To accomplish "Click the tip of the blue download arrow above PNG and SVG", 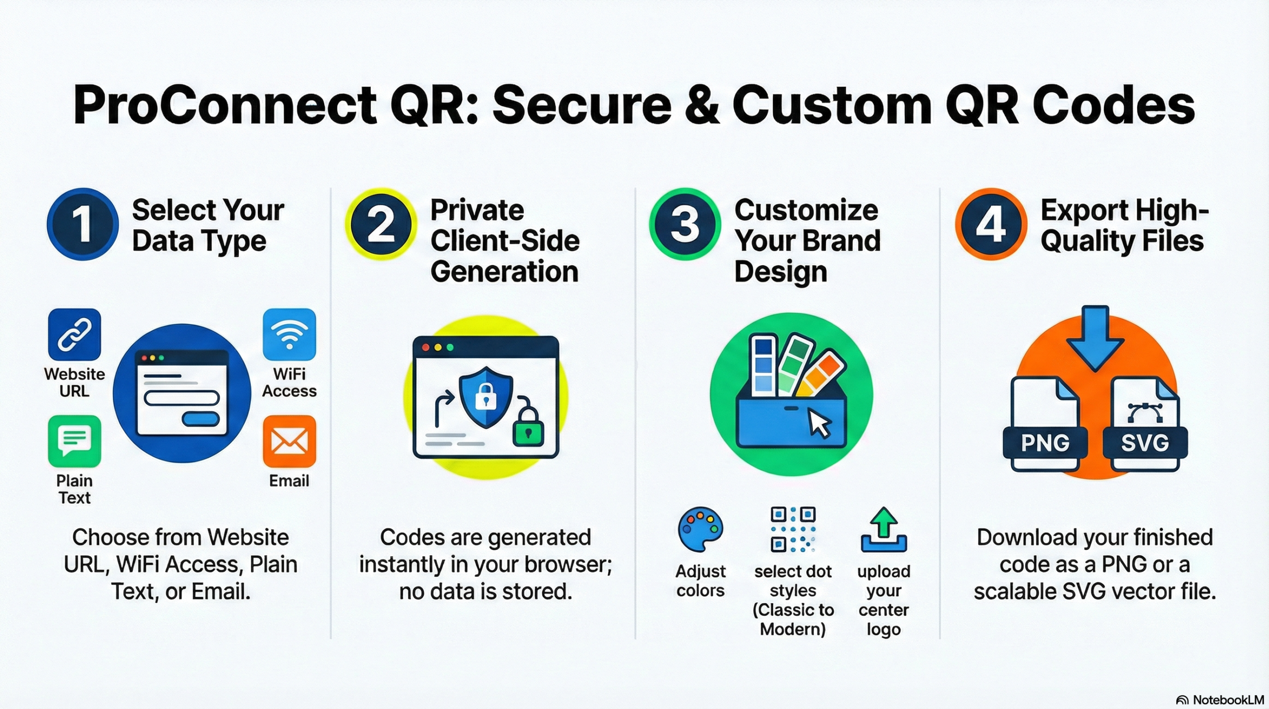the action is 1095,371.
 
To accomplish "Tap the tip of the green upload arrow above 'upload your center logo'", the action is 884,508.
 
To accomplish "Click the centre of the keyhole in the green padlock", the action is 528,433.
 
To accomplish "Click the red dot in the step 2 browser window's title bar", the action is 425,347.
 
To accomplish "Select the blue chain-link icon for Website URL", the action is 74,334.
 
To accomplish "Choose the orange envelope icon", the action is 289,441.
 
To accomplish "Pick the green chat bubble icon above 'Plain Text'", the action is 74,441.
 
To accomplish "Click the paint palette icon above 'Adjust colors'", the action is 700,529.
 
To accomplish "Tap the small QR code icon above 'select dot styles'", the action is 793,529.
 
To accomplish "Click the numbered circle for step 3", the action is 685,224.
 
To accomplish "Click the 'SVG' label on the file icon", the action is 1145,443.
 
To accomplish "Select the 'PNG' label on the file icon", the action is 1045,443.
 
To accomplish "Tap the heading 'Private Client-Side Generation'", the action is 505,241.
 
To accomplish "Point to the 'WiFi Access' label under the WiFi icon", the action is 289,383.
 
